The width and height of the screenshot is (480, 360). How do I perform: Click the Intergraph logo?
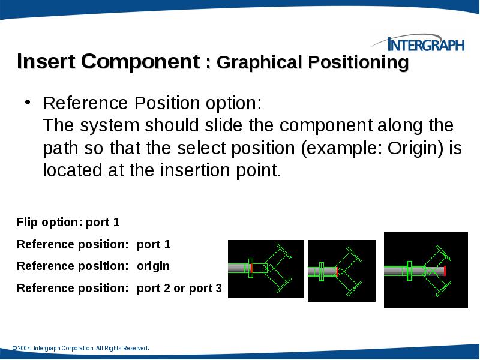pos(418,44)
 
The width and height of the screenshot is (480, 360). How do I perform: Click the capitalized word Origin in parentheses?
pos(409,148)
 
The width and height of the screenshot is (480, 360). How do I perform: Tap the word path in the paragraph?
pos(59,149)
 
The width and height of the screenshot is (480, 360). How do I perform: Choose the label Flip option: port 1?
pos(68,223)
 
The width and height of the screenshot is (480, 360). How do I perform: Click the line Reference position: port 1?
pos(94,244)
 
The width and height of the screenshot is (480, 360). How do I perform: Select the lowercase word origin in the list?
pos(153,266)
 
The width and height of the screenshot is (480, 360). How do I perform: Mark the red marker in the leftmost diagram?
pos(251,267)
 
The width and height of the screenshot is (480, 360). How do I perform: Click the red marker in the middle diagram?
pos(337,271)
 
